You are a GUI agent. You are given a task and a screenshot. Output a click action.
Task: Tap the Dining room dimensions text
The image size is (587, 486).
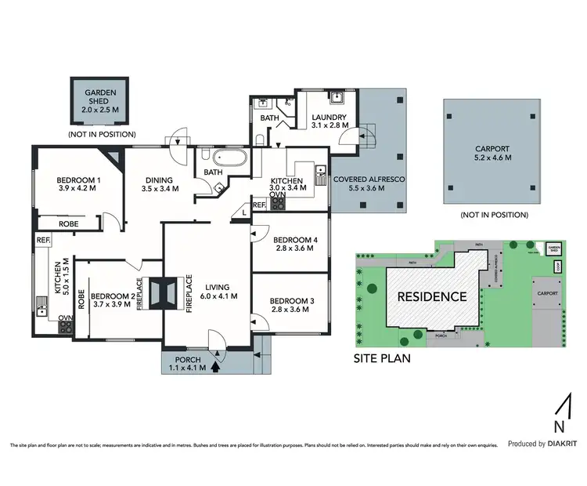[157, 189]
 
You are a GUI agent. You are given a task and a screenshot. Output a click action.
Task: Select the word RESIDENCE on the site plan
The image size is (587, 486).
[433, 296]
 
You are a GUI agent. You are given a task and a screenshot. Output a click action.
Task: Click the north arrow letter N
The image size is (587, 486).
[558, 427]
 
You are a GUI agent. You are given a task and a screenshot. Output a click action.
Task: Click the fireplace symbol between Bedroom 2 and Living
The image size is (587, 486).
[164, 292]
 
